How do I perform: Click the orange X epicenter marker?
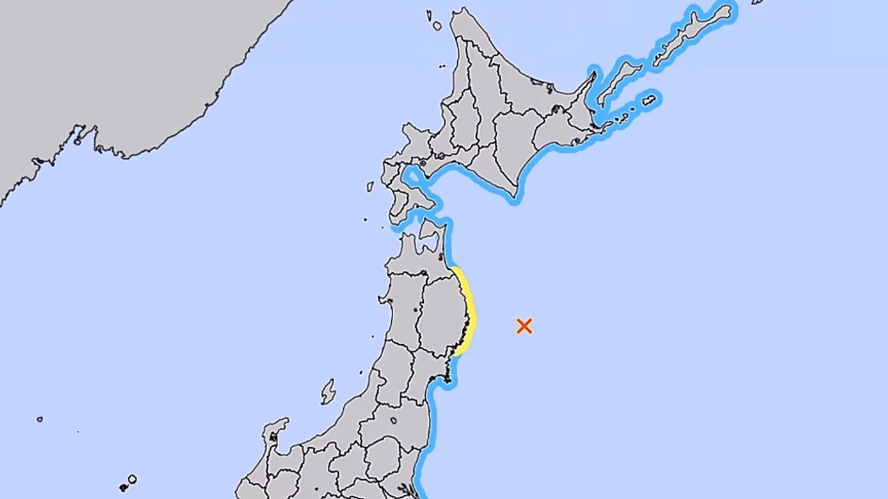[x=524, y=326]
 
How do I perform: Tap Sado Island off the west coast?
[x=328, y=392]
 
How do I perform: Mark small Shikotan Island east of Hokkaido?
[x=649, y=101]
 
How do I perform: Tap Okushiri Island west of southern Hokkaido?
[x=370, y=186]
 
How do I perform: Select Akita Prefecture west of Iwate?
[x=403, y=303]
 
